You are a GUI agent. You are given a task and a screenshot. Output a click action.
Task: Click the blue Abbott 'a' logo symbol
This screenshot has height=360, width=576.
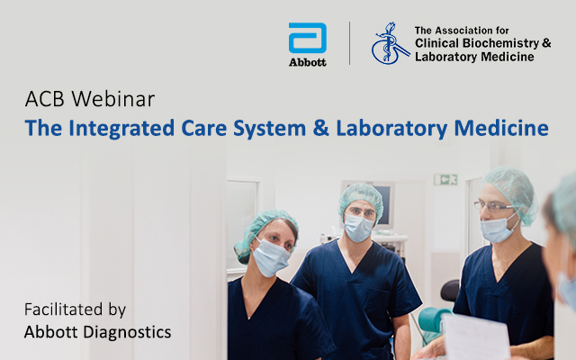(x=308, y=38)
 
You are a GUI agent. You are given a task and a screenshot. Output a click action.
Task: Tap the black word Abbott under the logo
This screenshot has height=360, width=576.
(x=308, y=62)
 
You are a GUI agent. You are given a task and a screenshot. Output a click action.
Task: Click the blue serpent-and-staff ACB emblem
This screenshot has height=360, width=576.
(x=390, y=43)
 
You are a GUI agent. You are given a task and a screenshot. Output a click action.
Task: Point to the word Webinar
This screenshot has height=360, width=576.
(x=113, y=99)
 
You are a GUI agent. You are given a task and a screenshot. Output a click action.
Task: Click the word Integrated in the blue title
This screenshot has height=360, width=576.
(x=121, y=129)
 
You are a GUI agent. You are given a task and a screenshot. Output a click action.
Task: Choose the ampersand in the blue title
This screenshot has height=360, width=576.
(x=321, y=128)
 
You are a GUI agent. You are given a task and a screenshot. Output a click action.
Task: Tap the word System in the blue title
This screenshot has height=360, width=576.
(x=269, y=129)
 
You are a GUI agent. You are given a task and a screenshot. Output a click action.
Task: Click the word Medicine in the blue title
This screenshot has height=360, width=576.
(x=501, y=128)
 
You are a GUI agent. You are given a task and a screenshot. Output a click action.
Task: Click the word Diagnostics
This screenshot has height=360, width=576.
(x=127, y=332)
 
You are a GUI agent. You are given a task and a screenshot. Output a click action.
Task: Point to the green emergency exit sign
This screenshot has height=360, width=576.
(x=445, y=180)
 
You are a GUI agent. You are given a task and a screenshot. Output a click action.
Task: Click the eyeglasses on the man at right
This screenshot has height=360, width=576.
(x=493, y=206)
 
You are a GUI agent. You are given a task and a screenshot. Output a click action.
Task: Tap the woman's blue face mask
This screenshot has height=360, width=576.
(x=271, y=256)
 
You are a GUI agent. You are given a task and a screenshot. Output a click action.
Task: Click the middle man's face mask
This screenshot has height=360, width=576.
(x=358, y=228)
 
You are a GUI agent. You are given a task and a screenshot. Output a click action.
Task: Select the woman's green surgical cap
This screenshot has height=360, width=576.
(x=265, y=233)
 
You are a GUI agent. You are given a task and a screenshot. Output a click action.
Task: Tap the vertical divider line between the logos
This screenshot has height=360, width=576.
(x=349, y=43)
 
